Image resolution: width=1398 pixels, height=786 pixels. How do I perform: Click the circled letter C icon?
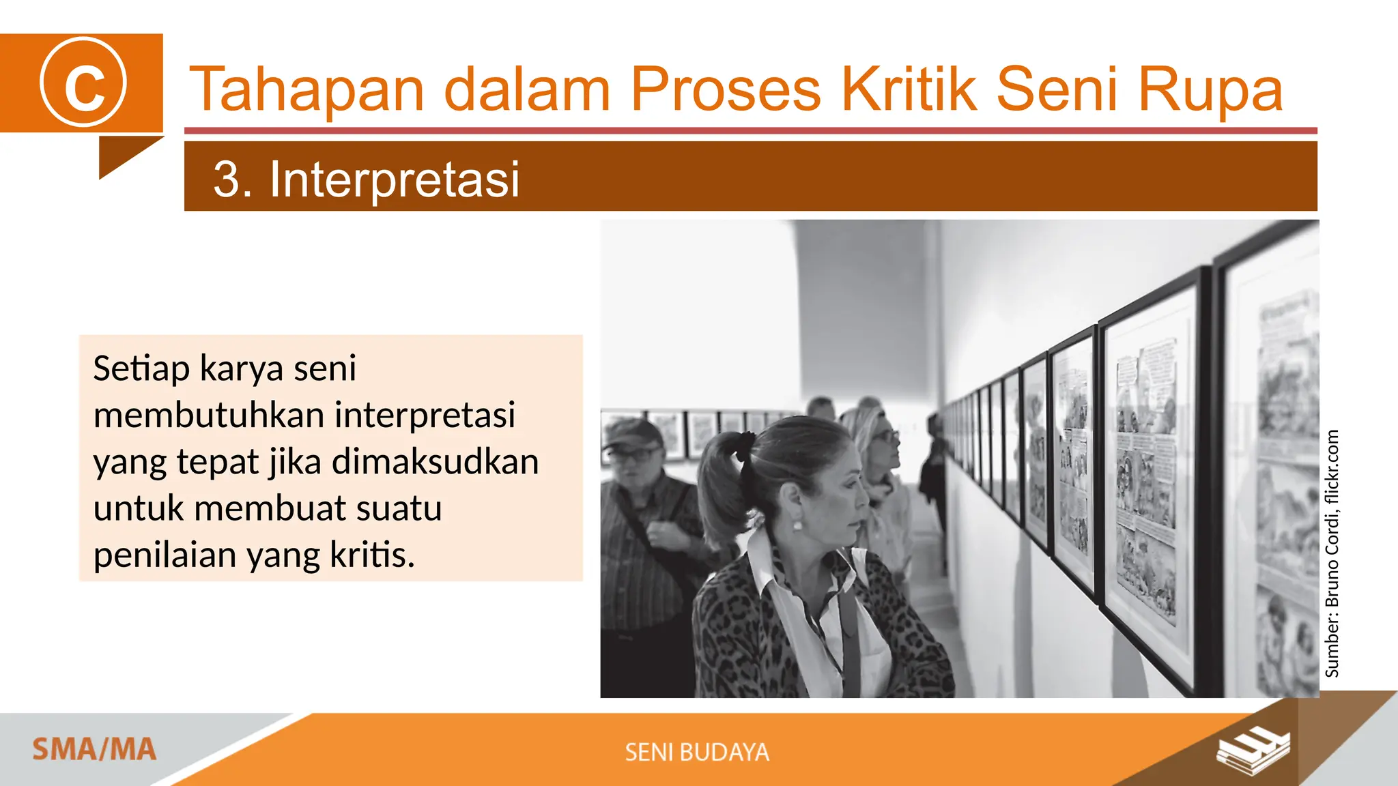(x=83, y=83)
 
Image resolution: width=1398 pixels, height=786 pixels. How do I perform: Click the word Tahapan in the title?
(x=306, y=90)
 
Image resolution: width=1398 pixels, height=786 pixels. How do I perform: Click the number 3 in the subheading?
(x=226, y=179)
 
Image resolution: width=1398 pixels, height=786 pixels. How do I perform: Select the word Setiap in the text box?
(x=141, y=369)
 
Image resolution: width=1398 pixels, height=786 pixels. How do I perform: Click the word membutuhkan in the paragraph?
(x=208, y=415)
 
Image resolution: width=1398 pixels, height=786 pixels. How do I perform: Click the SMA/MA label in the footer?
(x=94, y=750)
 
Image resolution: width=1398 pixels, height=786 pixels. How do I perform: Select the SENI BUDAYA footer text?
(x=697, y=752)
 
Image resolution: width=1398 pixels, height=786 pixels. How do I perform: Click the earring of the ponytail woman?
(x=797, y=525)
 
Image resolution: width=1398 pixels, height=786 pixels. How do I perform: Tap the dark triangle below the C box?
(x=123, y=154)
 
